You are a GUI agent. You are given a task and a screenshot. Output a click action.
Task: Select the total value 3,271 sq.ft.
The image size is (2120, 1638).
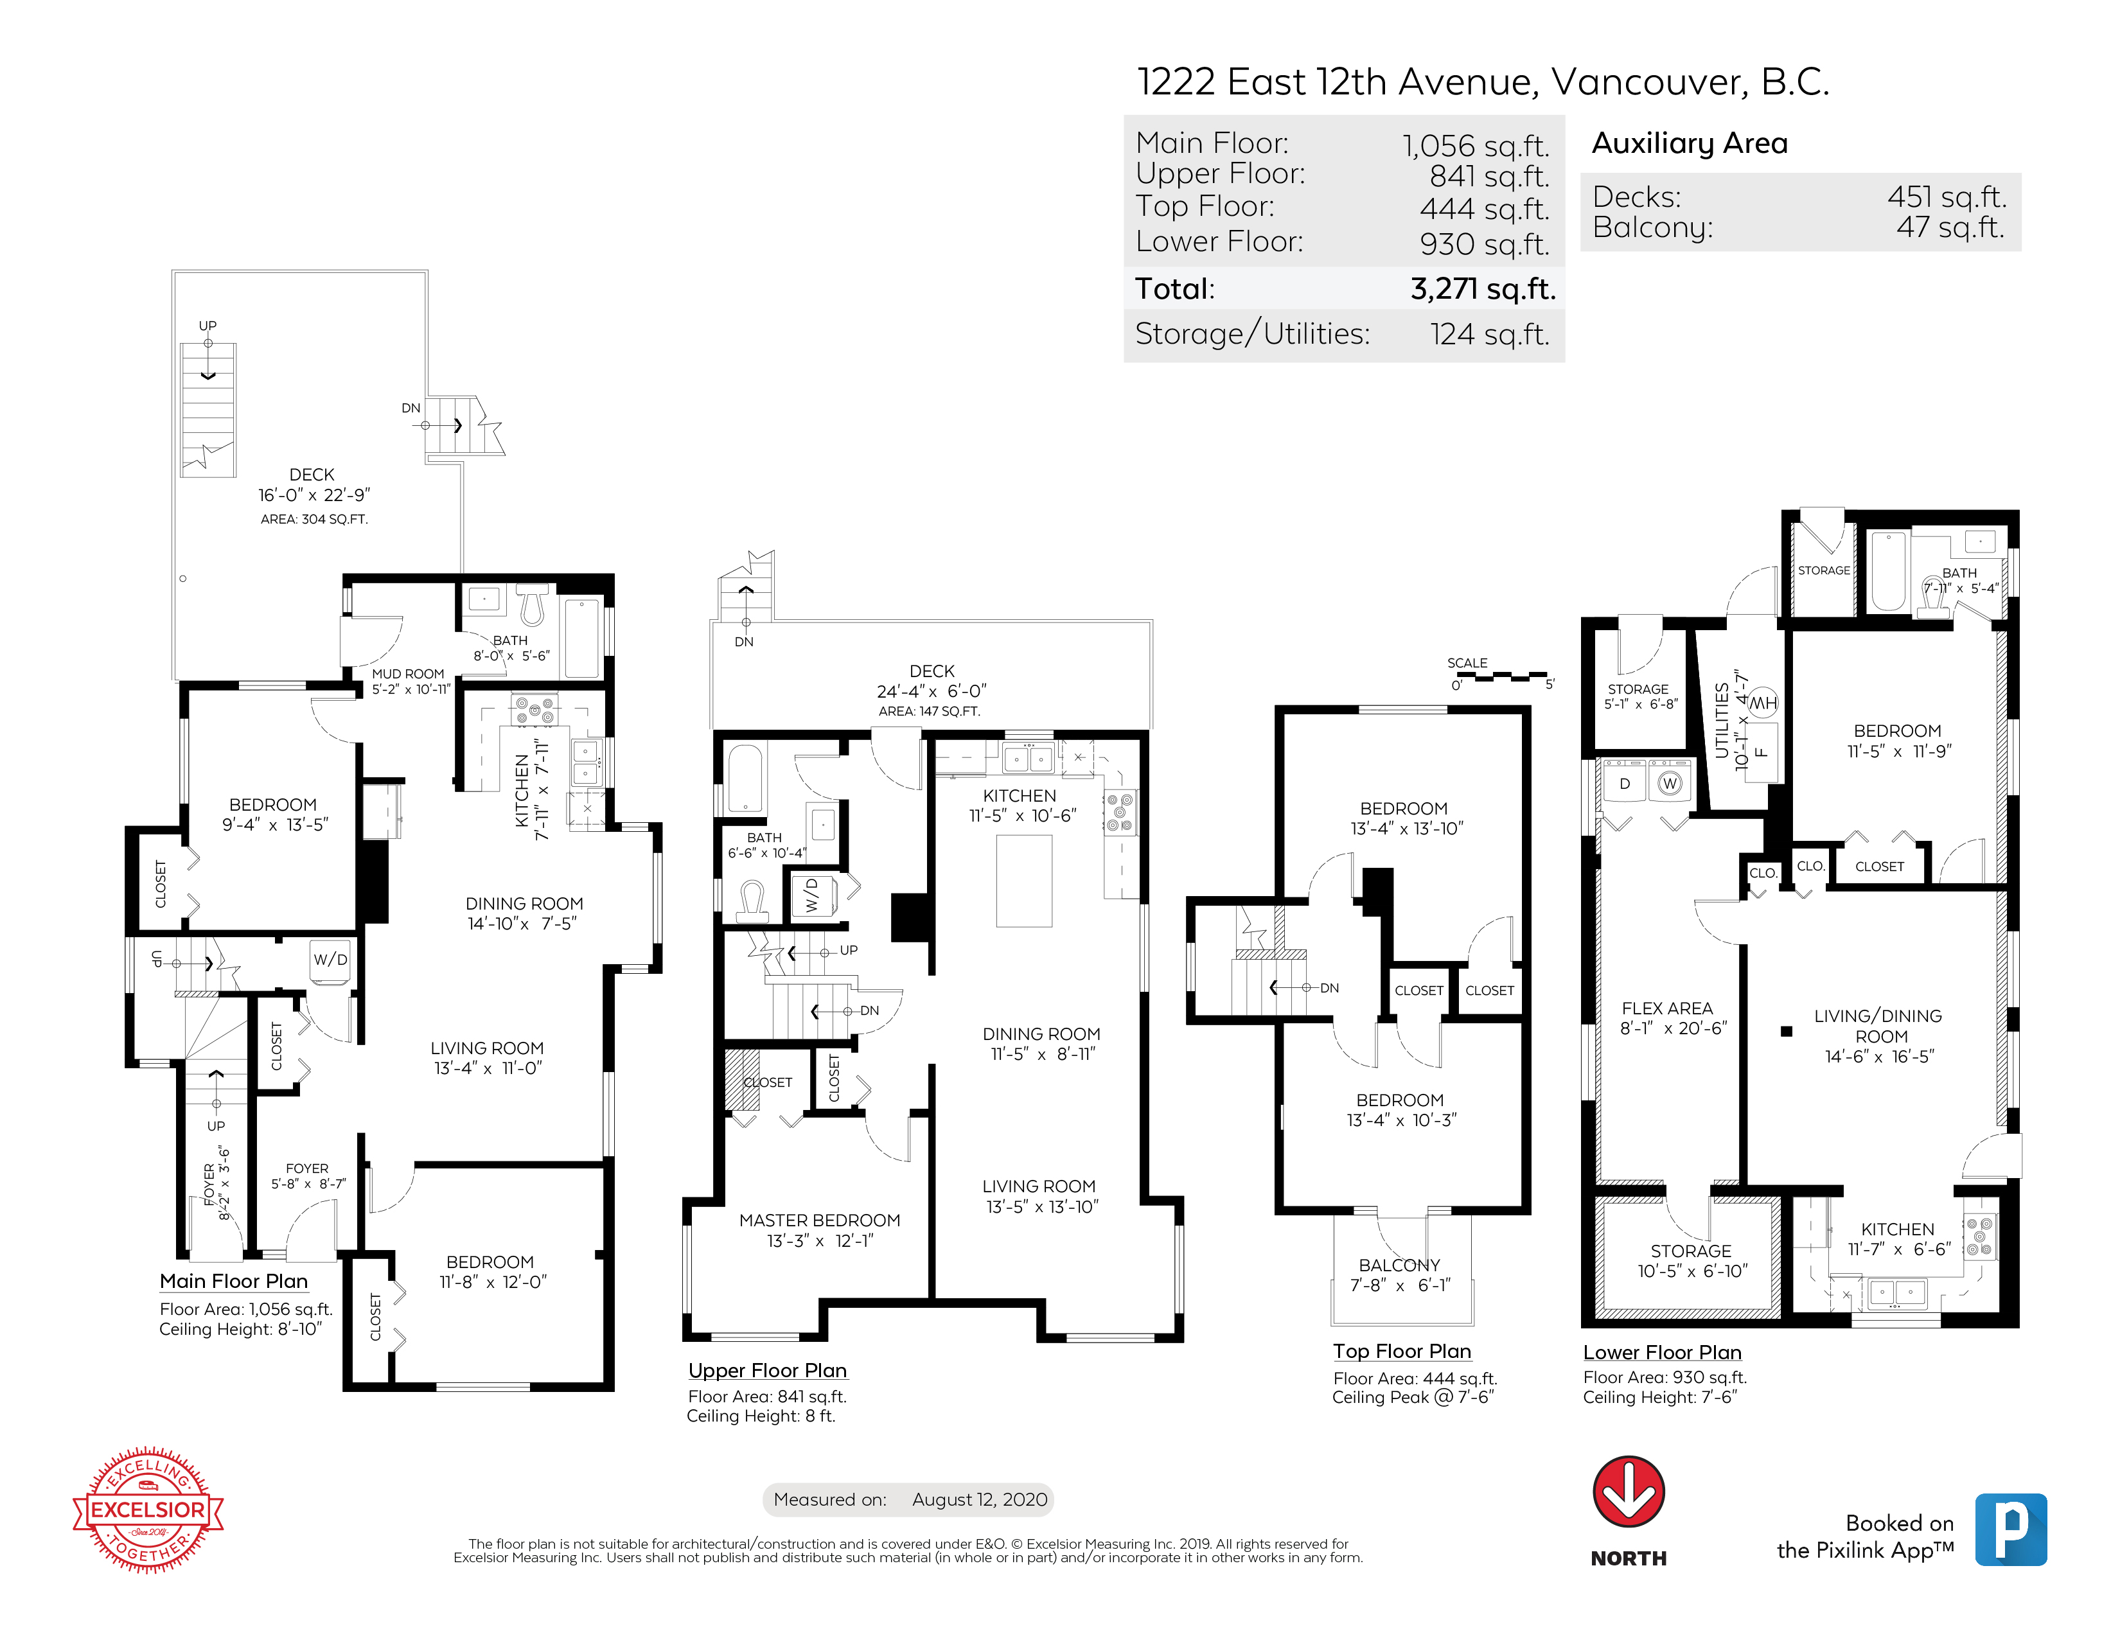pos(1482,289)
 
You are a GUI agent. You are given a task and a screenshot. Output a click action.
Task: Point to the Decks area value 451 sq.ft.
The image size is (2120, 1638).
pos(1947,197)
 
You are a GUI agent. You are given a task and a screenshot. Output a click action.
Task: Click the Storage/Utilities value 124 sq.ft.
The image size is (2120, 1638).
pos(1489,334)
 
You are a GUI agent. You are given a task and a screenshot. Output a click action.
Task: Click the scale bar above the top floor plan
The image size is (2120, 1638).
pos(1503,675)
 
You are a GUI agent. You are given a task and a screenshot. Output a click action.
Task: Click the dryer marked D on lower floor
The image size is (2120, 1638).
pos(1624,783)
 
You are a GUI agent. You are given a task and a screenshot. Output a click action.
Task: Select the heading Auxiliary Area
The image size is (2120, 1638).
pos(1689,144)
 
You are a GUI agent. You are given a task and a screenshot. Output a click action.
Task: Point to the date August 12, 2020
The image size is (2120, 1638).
pos(980,1499)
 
